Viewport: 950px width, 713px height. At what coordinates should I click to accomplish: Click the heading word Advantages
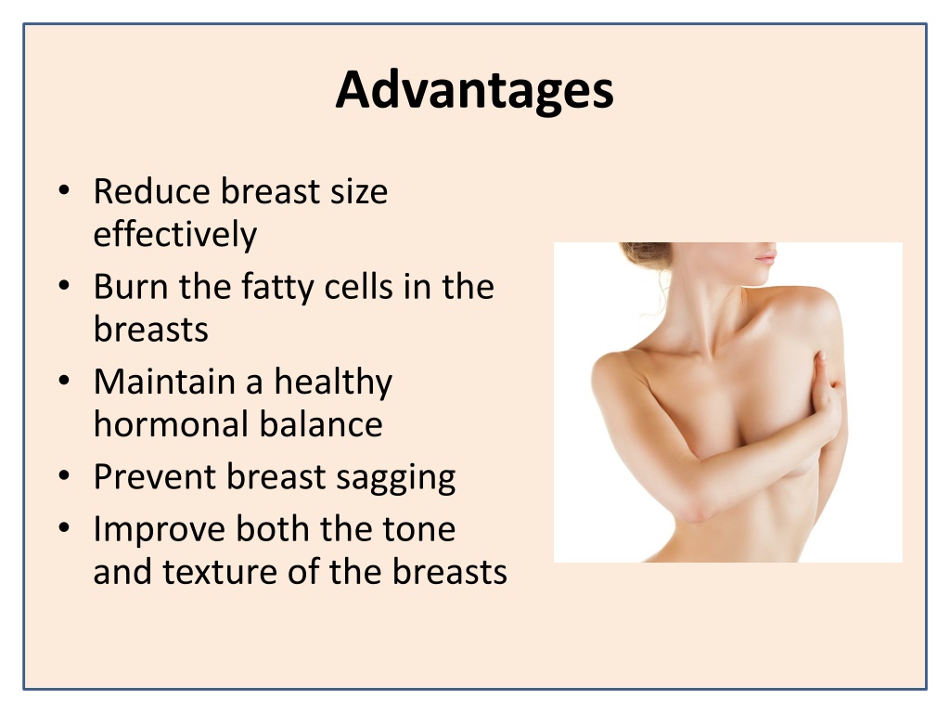[474, 91]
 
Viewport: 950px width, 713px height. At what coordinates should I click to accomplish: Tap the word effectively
[175, 235]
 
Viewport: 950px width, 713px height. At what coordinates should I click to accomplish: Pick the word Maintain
[164, 382]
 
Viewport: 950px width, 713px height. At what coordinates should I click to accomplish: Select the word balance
[322, 423]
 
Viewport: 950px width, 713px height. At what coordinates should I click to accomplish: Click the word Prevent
[155, 476]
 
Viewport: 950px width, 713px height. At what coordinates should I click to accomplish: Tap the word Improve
[159, 530]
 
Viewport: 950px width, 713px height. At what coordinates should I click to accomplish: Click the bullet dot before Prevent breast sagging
[64, 476]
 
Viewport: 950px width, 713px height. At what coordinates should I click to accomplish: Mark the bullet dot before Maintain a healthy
[64, 382]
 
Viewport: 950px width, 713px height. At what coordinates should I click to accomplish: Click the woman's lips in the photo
[765, 257]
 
